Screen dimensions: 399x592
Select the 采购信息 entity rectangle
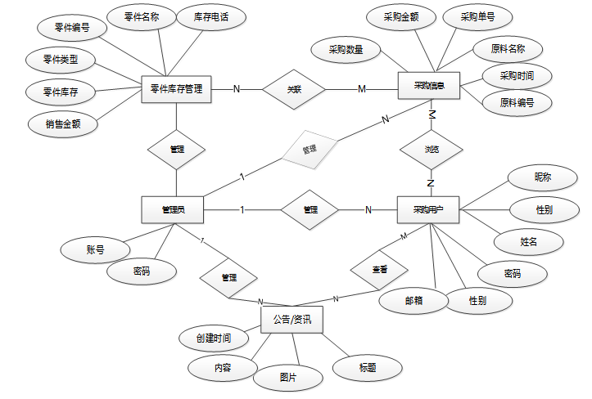point(430,86)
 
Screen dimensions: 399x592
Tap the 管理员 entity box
point(172,210)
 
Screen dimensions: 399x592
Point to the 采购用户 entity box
point(429,210)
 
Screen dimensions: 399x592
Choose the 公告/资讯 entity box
point(291,320)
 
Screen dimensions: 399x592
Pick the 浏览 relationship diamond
point(431,150)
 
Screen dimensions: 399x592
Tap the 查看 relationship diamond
point(379,268)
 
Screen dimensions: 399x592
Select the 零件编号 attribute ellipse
point(72,27)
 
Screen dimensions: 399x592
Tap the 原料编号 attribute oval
point(517,102)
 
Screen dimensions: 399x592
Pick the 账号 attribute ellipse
point(94,249)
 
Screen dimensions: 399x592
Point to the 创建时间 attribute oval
point(213,338)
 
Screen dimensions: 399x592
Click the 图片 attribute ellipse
point(288,378)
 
